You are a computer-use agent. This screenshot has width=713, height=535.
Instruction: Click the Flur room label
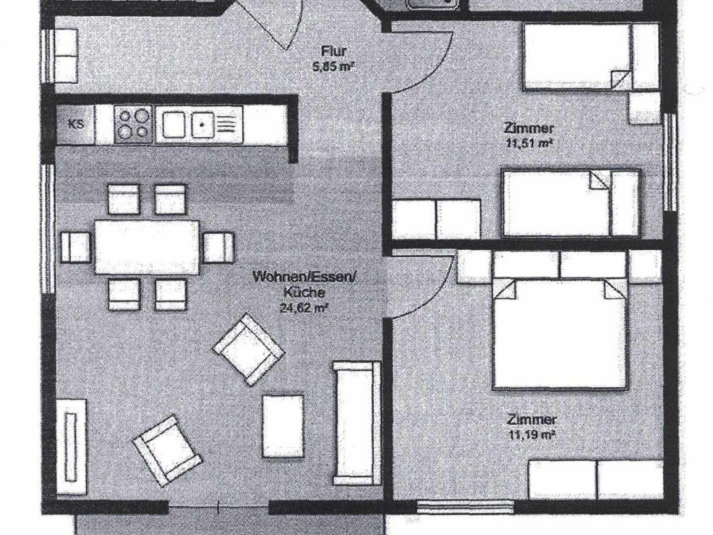(x=334, y=51)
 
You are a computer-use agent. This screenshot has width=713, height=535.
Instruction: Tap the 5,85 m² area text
(x=333, y=66)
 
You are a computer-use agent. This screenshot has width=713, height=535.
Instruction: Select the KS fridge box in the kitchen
(x=76, y=124)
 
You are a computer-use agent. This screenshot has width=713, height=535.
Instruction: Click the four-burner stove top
(x=133, y=125)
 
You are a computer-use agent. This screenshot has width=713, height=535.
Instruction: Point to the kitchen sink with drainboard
(x=199, y=125)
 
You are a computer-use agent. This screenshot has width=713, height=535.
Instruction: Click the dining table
(x=147, y=247)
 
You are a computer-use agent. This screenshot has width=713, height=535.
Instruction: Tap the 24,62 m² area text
(x=304, y=308)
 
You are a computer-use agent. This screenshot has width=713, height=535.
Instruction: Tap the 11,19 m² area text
(x=531, y=435)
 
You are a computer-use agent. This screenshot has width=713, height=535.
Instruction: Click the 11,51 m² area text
(x=529, y=143)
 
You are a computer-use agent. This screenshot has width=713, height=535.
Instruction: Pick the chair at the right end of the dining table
(x=218, y=247)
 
